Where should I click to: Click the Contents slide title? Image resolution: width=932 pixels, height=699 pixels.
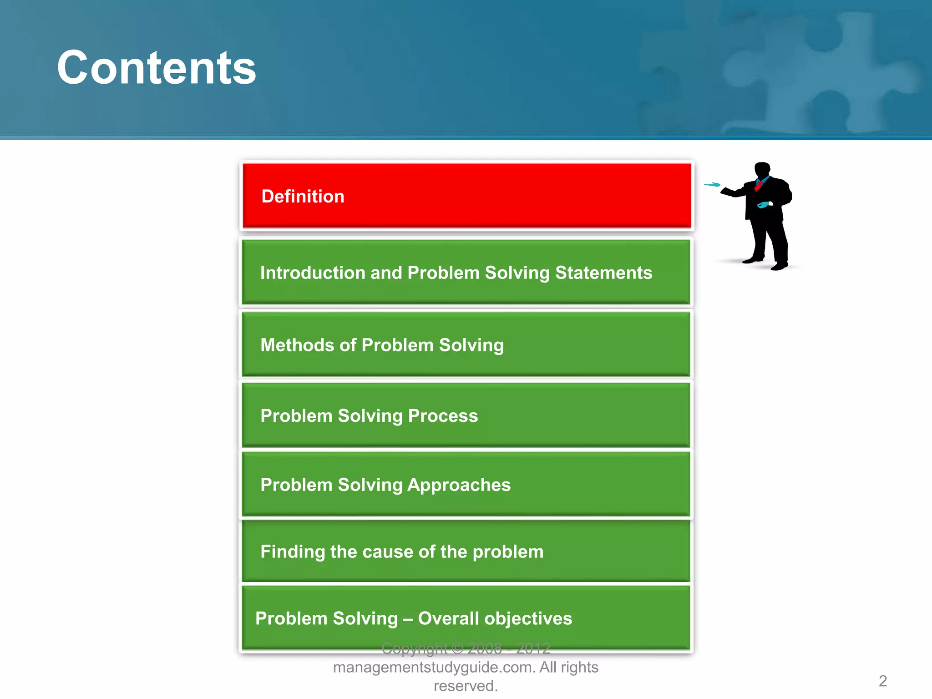(x=156, y=68)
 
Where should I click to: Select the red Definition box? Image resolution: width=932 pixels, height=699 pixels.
(x=466, y=196)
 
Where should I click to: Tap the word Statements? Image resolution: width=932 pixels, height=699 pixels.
(x=603, y=273)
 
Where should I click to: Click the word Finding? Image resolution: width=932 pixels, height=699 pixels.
(x=293, y=552)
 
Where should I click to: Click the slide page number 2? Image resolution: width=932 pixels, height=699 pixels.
(x=882, y=681)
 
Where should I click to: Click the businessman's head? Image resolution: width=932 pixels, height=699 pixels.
(x=762, y=170)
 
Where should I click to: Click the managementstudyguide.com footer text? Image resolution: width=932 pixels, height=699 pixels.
(x=435, y=668)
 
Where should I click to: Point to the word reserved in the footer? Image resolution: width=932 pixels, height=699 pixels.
(x=465, y=686)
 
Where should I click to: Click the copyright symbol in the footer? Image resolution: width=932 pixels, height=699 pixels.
(x=457, y=648)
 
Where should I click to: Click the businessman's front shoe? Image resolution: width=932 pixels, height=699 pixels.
(x=779, y=266)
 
